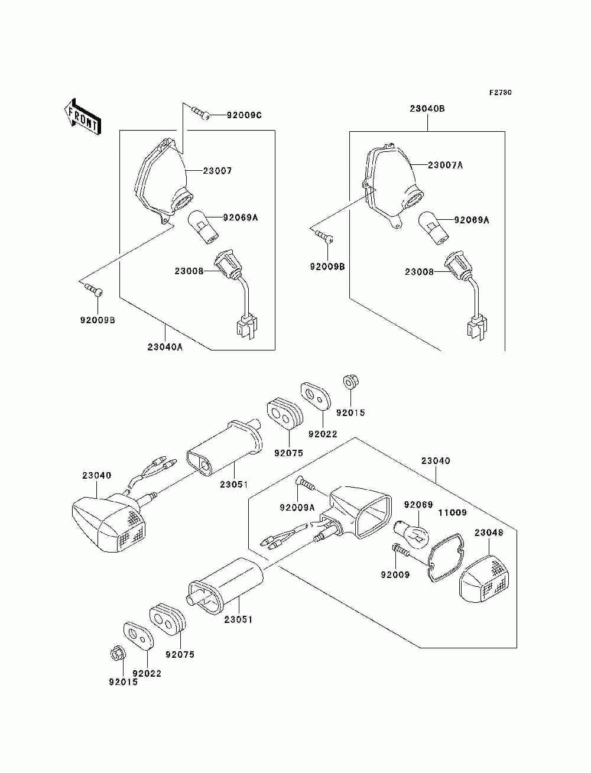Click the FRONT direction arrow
click(83, 116)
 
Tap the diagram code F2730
click(500, 93)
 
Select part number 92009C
click(244, 115)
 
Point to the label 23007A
click(445, 165)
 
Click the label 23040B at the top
click(427, 109)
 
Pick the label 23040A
click(165, 347)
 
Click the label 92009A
click(297, 507)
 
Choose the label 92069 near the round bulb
click(418, 504)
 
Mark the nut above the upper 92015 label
click(349, 381)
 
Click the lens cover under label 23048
click(484, 583)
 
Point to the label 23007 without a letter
click(217, 171)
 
